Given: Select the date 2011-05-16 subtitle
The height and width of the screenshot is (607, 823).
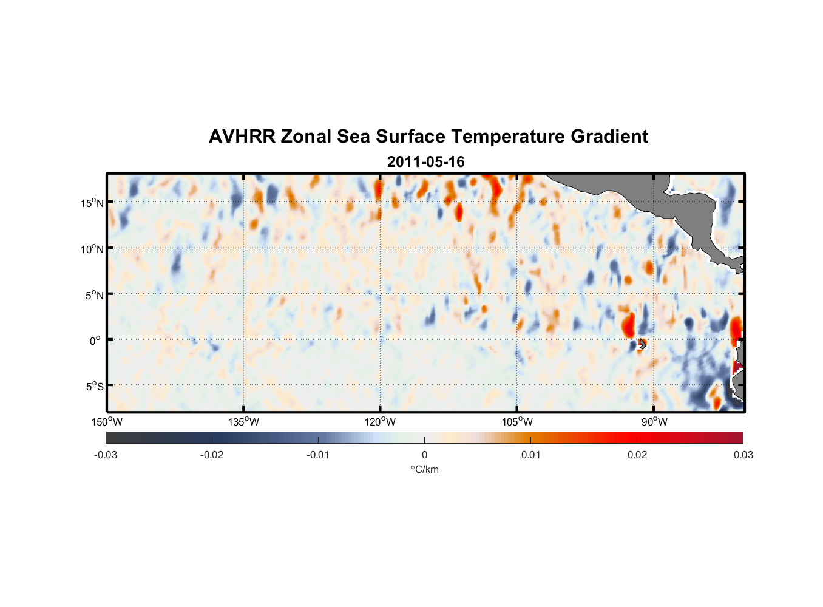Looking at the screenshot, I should (x=425, y=162).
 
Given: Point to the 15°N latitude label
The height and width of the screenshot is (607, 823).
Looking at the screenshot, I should (x=92, y=203).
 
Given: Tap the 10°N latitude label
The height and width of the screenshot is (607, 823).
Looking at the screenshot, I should (x=92, y=249).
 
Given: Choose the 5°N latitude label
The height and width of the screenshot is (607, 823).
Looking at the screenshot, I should (x=93, y=295).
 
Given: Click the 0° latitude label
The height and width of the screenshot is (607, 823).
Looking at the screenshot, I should (x=95, y=341).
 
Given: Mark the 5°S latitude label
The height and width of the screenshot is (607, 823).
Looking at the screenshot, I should (x=93, y=386).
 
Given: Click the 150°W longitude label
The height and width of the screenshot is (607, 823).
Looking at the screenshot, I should (x=107, y=422).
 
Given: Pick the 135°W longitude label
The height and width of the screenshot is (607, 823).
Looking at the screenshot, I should (x=243, y=422).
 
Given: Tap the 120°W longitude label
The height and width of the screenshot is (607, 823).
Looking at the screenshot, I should (x=380, y=422).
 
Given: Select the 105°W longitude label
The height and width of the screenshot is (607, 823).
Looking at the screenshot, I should (x=517, y=422).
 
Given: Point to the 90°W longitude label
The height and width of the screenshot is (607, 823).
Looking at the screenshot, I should (x=654, y=422).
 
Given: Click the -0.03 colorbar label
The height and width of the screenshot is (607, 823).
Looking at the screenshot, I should (x=106, y=455).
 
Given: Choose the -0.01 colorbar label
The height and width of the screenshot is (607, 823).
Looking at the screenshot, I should (x=318, y=455).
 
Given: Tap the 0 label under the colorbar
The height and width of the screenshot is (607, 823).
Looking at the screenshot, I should (x=424, y=455).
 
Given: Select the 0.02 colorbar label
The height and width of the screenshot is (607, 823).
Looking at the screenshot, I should (x=637, y=455).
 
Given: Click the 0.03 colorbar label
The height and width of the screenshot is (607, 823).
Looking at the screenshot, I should (x=743, y=455).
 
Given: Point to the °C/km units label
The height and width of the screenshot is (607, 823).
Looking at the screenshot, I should (x=424, y=469).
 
